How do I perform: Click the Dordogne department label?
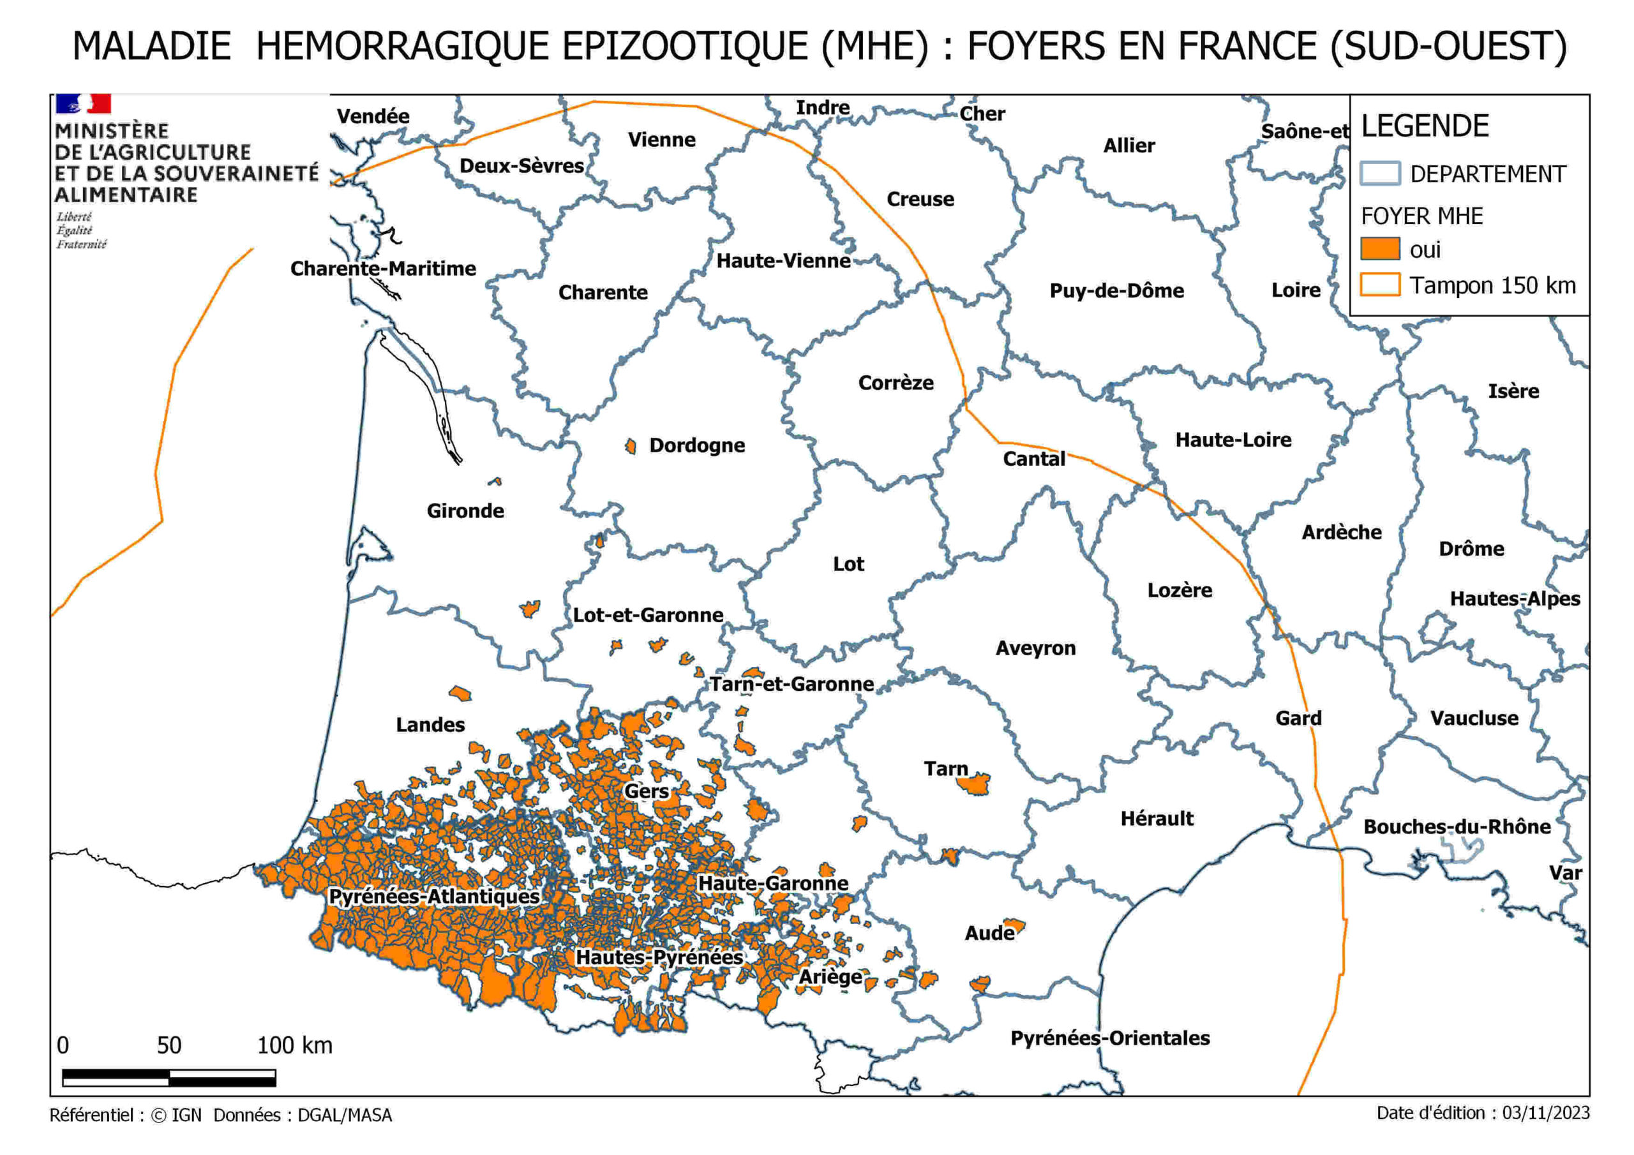(x=697, y=445)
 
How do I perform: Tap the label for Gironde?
(x=465, y=511)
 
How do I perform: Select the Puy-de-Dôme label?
(x=1116, y=291)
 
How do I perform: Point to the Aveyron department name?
(x=1035, y=648)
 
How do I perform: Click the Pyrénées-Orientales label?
(x=1110, y=1038)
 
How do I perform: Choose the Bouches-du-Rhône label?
(x=1457, y=827)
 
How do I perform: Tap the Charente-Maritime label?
(x=383, y=269)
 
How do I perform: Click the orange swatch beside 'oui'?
(x=1380, y=249)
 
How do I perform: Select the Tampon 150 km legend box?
(x=1380, y=285)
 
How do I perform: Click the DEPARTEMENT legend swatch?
(x=1380, y=174)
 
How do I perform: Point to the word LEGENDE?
(x=1425, y=127)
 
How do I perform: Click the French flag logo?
(x=83, y=104)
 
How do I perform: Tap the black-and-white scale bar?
(x=169, y=1077)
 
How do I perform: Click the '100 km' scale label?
(x=295, y=1045)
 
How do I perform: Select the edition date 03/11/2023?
(x=1546, y=1113)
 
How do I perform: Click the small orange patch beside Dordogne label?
(x=631, y=446)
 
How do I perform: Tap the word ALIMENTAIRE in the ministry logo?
(x=126, y=195)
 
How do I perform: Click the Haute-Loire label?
(x=1233, y=440)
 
